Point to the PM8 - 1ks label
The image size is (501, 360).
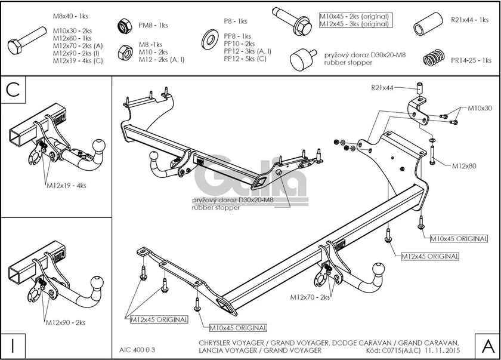(154, 26)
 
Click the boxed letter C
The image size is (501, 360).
(14, 90)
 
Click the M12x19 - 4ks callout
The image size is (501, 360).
(66, 186)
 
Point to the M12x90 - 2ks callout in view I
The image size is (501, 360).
(66, 322)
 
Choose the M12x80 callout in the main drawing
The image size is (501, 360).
(463, 165)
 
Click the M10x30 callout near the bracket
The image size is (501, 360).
(480, 108)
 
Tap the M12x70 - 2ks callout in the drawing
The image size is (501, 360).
(310, 297)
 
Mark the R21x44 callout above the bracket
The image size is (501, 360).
(382, 88)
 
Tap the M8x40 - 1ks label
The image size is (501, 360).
(70, 16)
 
